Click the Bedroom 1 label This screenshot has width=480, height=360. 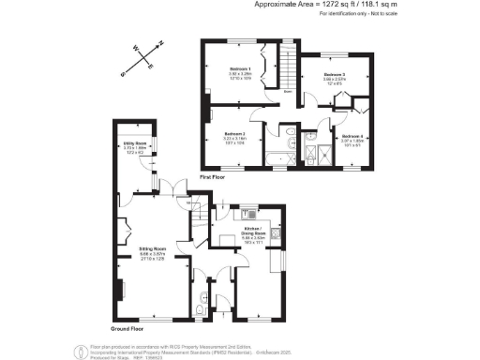[241, 68]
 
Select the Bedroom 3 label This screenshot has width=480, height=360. [335, 74]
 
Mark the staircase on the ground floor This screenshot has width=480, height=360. [198, 221]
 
